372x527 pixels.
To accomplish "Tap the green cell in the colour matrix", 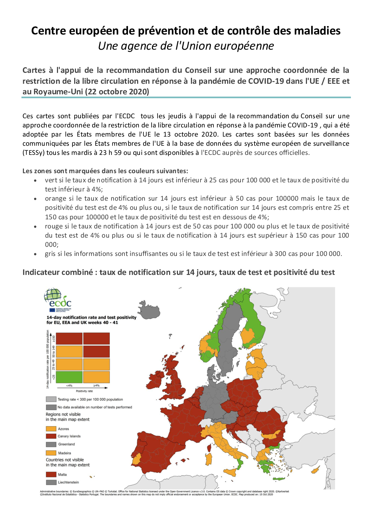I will (x=69, y=377).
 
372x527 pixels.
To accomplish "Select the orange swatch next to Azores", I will (x=51, y=429).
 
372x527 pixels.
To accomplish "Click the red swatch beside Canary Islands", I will (x=51, y=436).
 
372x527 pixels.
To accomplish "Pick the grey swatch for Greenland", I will (x=51, y=444).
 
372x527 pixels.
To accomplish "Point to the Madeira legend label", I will (x=65, y=453).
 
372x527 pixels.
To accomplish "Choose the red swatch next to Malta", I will (x=51, y=475).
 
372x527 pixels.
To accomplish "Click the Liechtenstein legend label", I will (x=69, y=482).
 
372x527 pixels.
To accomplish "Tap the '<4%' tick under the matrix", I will (x=69, y=386).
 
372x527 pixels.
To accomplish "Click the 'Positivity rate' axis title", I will (x=84, y=391).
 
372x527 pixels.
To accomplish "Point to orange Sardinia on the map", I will (x=209, y=458).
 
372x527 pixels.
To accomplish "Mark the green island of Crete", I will (x=279, y=478).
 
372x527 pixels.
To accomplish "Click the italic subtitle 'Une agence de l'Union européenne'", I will (x=186, y=46).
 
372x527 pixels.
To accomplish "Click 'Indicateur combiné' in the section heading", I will (x=58, y=272).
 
